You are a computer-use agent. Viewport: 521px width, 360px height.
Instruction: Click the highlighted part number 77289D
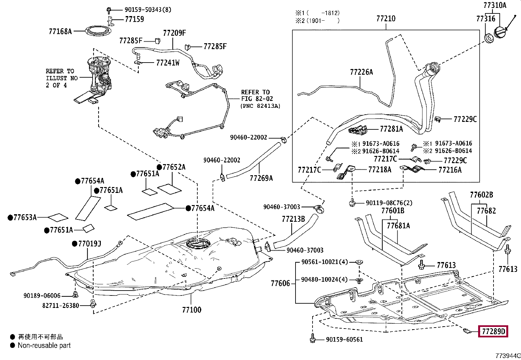[x=493, y=332]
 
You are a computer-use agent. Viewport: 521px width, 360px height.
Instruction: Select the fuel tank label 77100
[x=191, y=310]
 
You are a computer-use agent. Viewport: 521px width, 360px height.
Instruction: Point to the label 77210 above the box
[x=386, y=19]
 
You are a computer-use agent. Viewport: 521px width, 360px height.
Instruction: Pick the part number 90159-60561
[x=344, y=340]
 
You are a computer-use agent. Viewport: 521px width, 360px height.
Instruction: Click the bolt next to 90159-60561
[x=312, y=338]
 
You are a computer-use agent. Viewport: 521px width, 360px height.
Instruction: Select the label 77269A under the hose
[x=261, y=178]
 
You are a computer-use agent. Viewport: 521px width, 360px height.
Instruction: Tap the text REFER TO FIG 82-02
[x=257, y=96]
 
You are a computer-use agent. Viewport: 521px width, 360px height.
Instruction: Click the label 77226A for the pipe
[x=361, y=72]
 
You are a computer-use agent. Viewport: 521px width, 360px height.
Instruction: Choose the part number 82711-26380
[x=61, y=305]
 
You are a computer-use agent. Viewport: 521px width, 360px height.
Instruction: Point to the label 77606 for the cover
[x=280, y=283]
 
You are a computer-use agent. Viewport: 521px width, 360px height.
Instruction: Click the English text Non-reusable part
[x=44, y=345]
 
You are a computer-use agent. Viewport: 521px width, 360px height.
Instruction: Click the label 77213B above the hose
[x=293, y=219]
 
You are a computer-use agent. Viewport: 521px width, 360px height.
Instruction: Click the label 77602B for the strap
[x=481, y=195]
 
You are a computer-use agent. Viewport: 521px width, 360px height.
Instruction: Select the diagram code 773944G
[x=508, y=356]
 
